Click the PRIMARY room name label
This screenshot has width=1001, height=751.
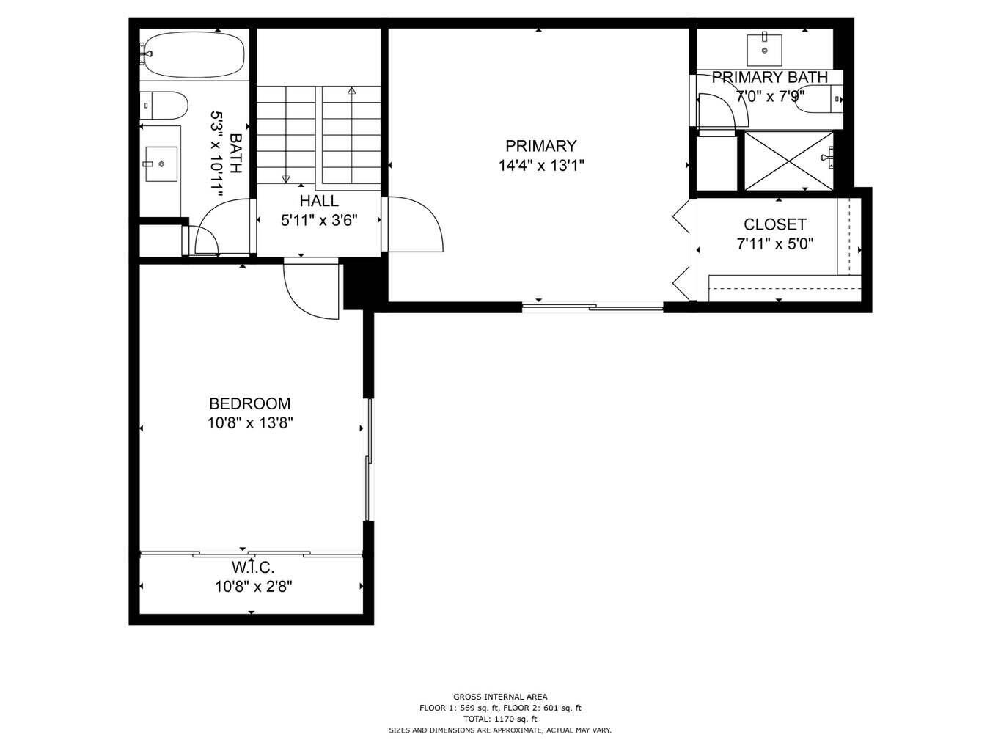click(540, 146)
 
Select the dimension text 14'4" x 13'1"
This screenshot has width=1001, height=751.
click(540, 166)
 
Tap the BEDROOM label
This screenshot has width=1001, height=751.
click(249, 403)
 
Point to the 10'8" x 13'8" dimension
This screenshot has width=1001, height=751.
click(249, 423)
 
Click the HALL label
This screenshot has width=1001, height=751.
click(319, 201)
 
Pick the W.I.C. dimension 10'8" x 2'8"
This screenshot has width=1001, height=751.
click(254, 587)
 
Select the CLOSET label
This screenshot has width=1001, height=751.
click(774, 224)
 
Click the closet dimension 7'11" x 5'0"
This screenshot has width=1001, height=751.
click(774, 244)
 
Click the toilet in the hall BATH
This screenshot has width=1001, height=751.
click(163, 105)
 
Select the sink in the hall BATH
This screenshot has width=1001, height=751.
click(161, 164)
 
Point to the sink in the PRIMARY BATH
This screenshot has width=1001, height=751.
click(765, 48)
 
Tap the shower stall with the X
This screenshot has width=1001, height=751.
click(788, 160)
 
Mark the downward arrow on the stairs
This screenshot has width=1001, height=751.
click(286, 178)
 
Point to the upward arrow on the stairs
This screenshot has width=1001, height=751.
click(351, 92)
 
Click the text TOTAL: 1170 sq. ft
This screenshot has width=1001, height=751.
click(499, 719)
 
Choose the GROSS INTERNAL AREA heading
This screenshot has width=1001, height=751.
click(499, 697)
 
